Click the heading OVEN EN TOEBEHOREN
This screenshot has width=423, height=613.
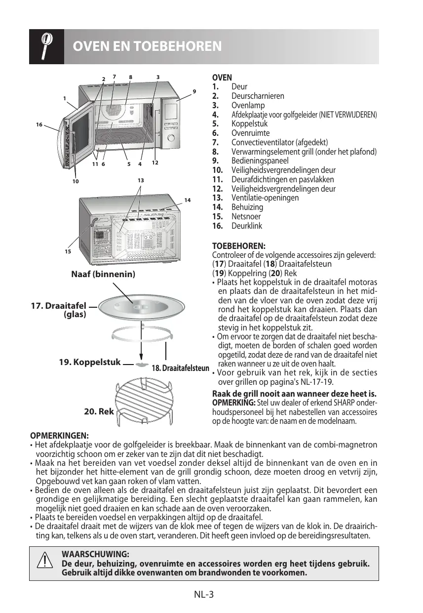(147, 47)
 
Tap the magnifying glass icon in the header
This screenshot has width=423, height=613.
(46, 46)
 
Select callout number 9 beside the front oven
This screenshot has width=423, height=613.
(194, 91)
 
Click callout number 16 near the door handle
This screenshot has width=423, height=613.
(39, 125)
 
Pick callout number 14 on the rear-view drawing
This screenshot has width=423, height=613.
(187, 200)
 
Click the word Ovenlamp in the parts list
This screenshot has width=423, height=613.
(248, 105)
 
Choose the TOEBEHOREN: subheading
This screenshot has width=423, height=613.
(238, 245)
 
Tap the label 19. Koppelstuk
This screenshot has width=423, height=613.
(89, 362)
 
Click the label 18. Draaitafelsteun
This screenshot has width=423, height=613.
(181, 368)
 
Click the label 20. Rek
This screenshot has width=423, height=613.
(99, 411)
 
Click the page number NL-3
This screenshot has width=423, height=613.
(203, 594)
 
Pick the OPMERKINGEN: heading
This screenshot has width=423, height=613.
(60, 436)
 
